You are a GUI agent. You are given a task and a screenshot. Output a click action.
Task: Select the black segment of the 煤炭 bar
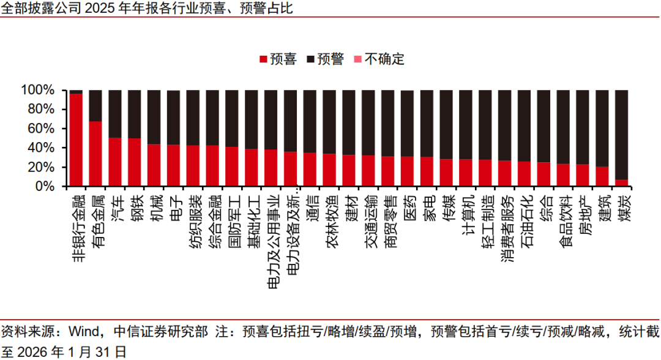click(x=621, y=135)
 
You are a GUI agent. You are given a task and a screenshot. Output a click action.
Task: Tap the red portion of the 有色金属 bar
click(x=95, y=153)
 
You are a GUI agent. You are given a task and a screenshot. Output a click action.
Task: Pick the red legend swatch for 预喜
click(x=264, y=60)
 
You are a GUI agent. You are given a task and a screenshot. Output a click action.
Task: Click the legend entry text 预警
click(x=331, y=59)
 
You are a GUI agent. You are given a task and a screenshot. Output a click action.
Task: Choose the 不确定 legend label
click(x=384, y=59)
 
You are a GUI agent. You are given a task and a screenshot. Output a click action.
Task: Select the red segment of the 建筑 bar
click(x=602, y=176)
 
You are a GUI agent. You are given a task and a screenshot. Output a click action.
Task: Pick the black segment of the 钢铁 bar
click(x=135, y=114)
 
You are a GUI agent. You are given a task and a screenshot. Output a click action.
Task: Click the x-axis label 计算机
click(x=466, y=212)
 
